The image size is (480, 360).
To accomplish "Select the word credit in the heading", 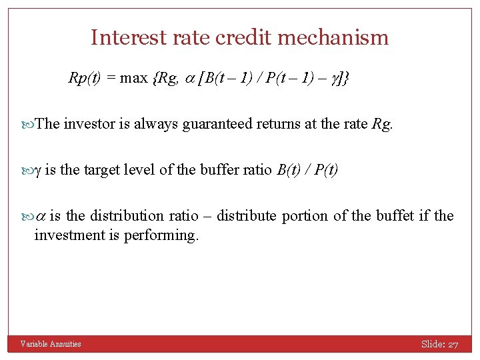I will (239, 37).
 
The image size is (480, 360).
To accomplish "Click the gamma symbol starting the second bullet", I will (37, 170).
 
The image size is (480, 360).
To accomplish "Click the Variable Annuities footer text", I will (51, 344).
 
